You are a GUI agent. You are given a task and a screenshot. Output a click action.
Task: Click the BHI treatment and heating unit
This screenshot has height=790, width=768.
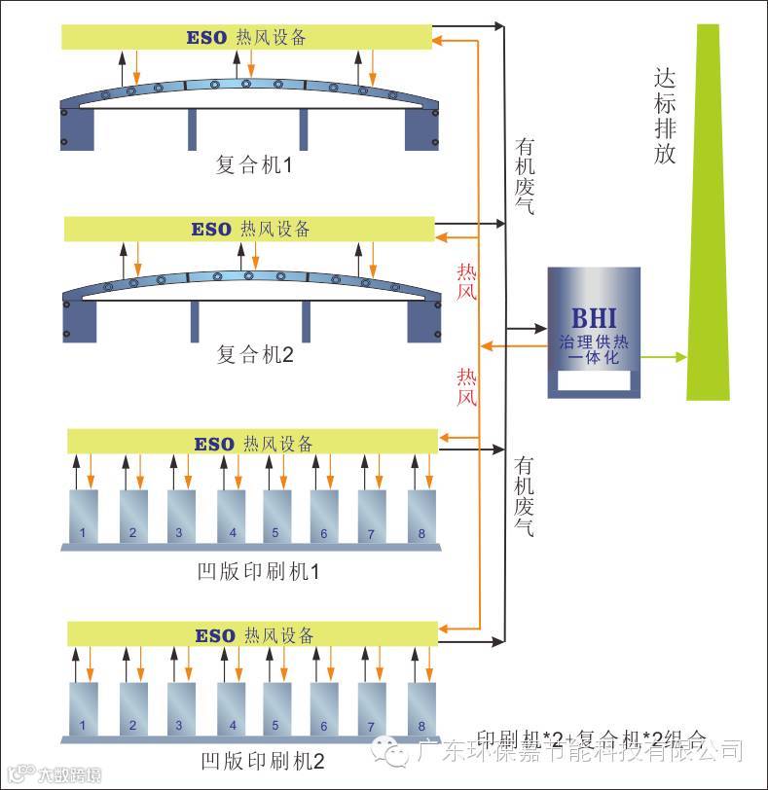593,331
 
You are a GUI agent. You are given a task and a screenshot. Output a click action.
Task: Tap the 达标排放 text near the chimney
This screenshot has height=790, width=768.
665,115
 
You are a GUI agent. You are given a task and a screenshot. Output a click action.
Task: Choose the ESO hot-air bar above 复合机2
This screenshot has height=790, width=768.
249,230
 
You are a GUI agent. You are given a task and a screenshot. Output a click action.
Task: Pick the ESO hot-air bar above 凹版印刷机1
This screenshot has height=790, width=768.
253,443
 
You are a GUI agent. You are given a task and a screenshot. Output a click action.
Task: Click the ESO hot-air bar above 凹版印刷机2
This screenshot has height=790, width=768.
253,634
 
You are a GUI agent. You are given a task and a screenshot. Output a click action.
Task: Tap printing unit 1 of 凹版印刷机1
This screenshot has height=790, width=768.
84,516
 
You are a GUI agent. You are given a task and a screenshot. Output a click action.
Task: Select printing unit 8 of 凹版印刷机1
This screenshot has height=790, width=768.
421,516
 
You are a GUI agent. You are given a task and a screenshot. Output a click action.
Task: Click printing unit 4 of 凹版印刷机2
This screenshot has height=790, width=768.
233,708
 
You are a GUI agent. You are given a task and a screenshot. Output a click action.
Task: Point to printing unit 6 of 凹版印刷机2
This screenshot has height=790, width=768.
325,708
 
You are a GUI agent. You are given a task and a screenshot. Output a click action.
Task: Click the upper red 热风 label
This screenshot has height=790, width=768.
467,281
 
